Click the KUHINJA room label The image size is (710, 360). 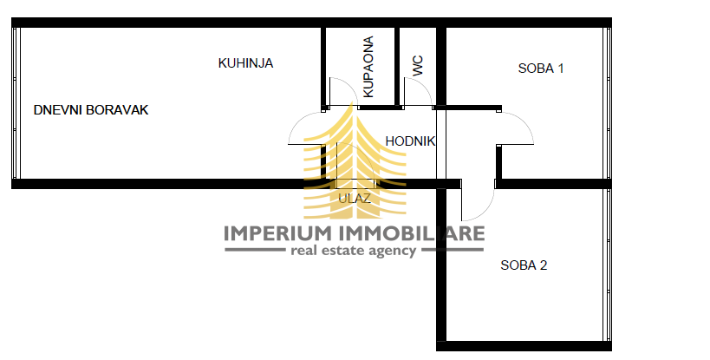[245, 63]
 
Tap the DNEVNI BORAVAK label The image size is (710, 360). [91, 110]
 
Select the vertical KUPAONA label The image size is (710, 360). [368, 67]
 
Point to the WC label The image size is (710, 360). [418, 66]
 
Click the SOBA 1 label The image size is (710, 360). [541, 69]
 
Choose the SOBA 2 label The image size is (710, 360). [524, 265]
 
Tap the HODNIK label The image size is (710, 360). [410, 141]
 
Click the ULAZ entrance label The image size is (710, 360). [355, 199]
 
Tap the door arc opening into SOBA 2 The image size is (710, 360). [485, 211]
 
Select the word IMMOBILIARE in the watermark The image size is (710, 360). [412, 233]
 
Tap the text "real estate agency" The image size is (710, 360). [353, 251]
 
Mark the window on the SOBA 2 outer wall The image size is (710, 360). [608, 265]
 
